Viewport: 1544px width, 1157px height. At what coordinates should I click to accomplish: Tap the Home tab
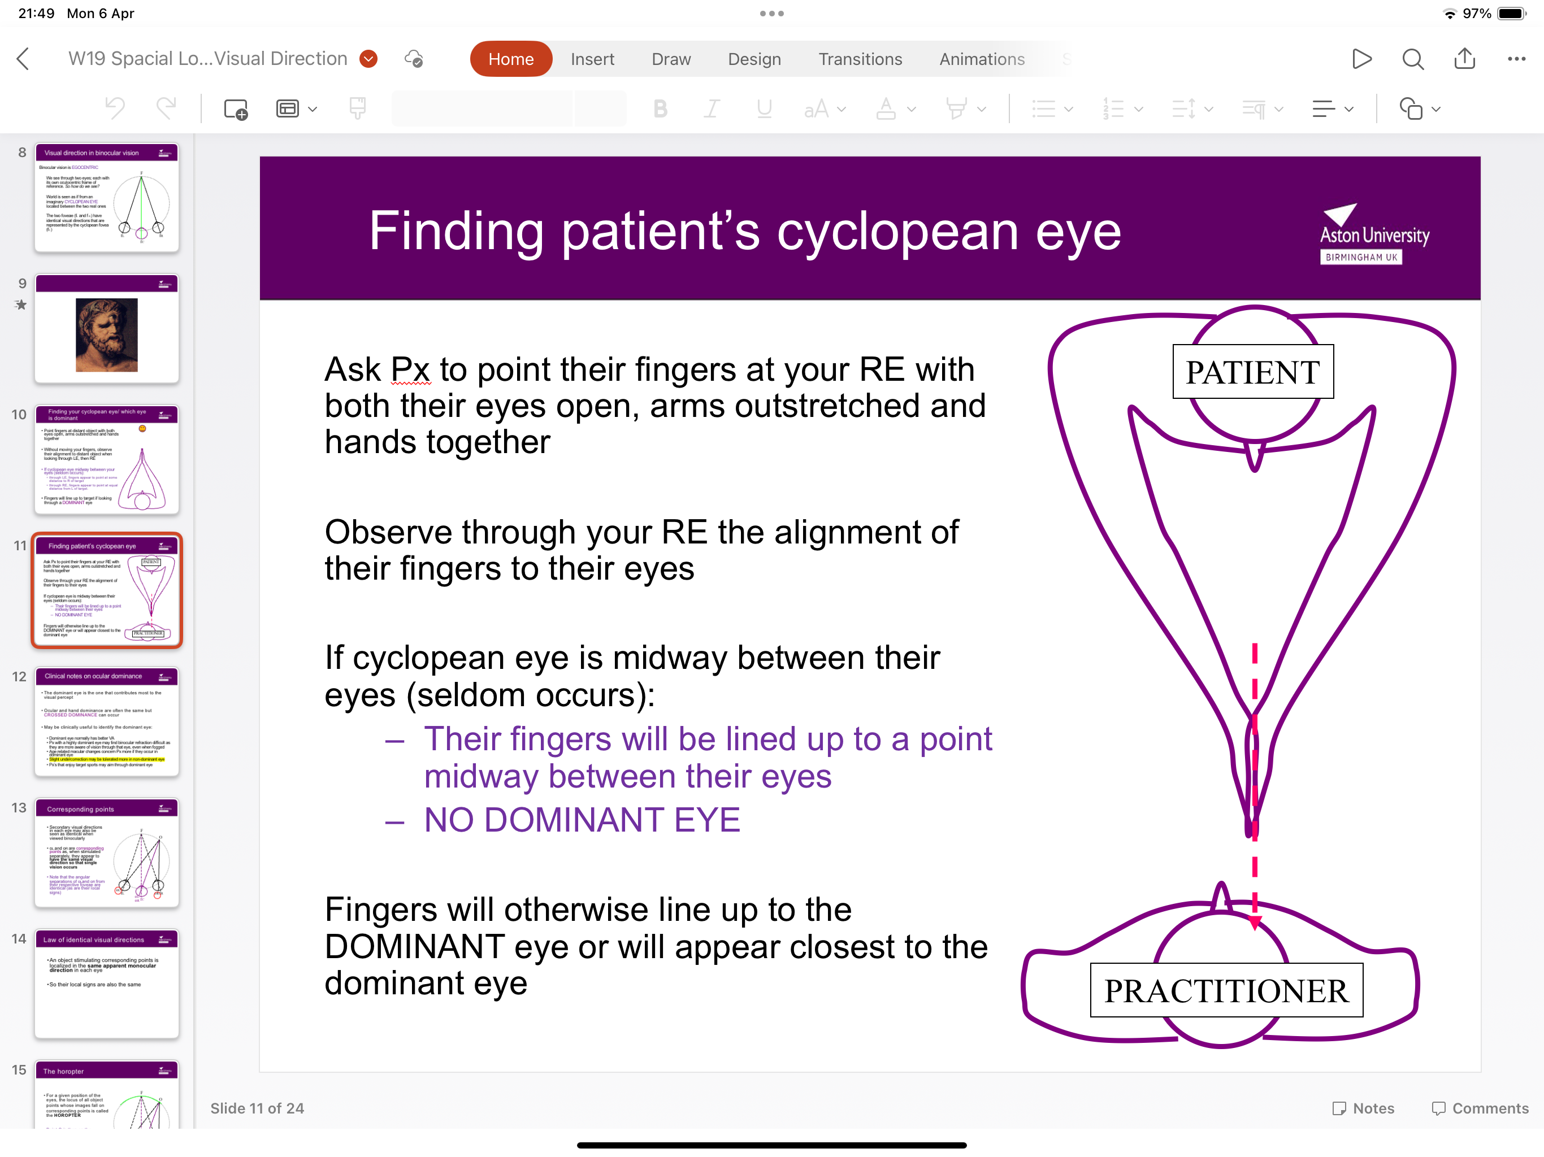510,59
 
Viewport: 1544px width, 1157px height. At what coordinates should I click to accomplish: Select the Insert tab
592,59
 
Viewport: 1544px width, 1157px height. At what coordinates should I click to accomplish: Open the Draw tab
670,59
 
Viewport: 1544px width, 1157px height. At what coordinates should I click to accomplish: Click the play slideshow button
1360,59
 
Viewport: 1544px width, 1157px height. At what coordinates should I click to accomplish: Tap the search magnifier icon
1412,59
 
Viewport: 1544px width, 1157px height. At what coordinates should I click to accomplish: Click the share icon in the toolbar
1464,59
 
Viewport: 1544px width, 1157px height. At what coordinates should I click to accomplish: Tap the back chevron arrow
23,59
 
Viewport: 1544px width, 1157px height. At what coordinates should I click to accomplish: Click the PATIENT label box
1252,372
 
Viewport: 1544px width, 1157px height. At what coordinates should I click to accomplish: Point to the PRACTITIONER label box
1226,990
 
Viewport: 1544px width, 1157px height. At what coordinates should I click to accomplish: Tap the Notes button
1363,1108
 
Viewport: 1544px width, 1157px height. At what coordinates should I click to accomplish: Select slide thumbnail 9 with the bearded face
107,329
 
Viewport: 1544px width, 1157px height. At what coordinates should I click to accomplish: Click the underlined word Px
410,370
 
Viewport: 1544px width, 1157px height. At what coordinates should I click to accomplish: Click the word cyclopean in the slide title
897,232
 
